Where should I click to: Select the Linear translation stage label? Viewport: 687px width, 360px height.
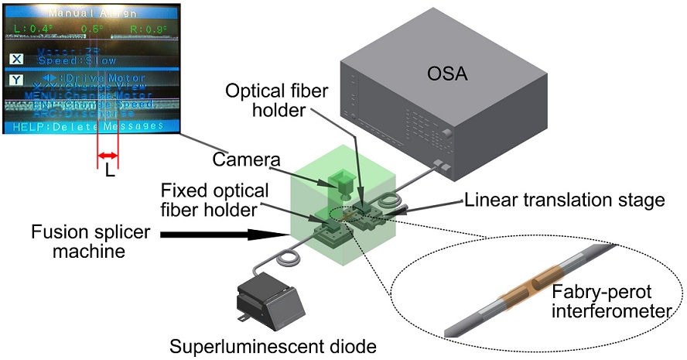point(565,200)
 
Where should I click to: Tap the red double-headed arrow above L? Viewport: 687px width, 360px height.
point(107,157)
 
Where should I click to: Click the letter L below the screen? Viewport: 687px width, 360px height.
point(108,173)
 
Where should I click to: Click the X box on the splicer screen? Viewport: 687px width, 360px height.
point(16,59)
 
